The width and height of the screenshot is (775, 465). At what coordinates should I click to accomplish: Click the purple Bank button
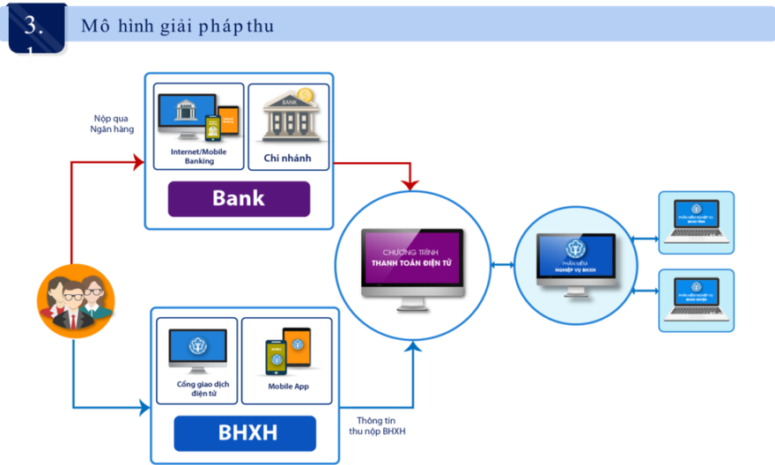click(x=239, y=198)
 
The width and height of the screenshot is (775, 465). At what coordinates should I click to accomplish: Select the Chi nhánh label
click(x=287, y=159)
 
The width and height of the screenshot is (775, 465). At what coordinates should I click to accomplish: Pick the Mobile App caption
click(x=288, y=387)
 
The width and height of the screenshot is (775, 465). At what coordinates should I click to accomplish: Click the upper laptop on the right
click(x=696, y=225)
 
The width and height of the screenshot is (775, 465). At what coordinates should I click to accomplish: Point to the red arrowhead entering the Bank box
click(x=138, y=162)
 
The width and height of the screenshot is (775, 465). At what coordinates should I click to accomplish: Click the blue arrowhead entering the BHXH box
click(x=143, y=407)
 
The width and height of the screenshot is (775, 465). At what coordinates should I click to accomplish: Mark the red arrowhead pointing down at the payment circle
click(x=410, y=183)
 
